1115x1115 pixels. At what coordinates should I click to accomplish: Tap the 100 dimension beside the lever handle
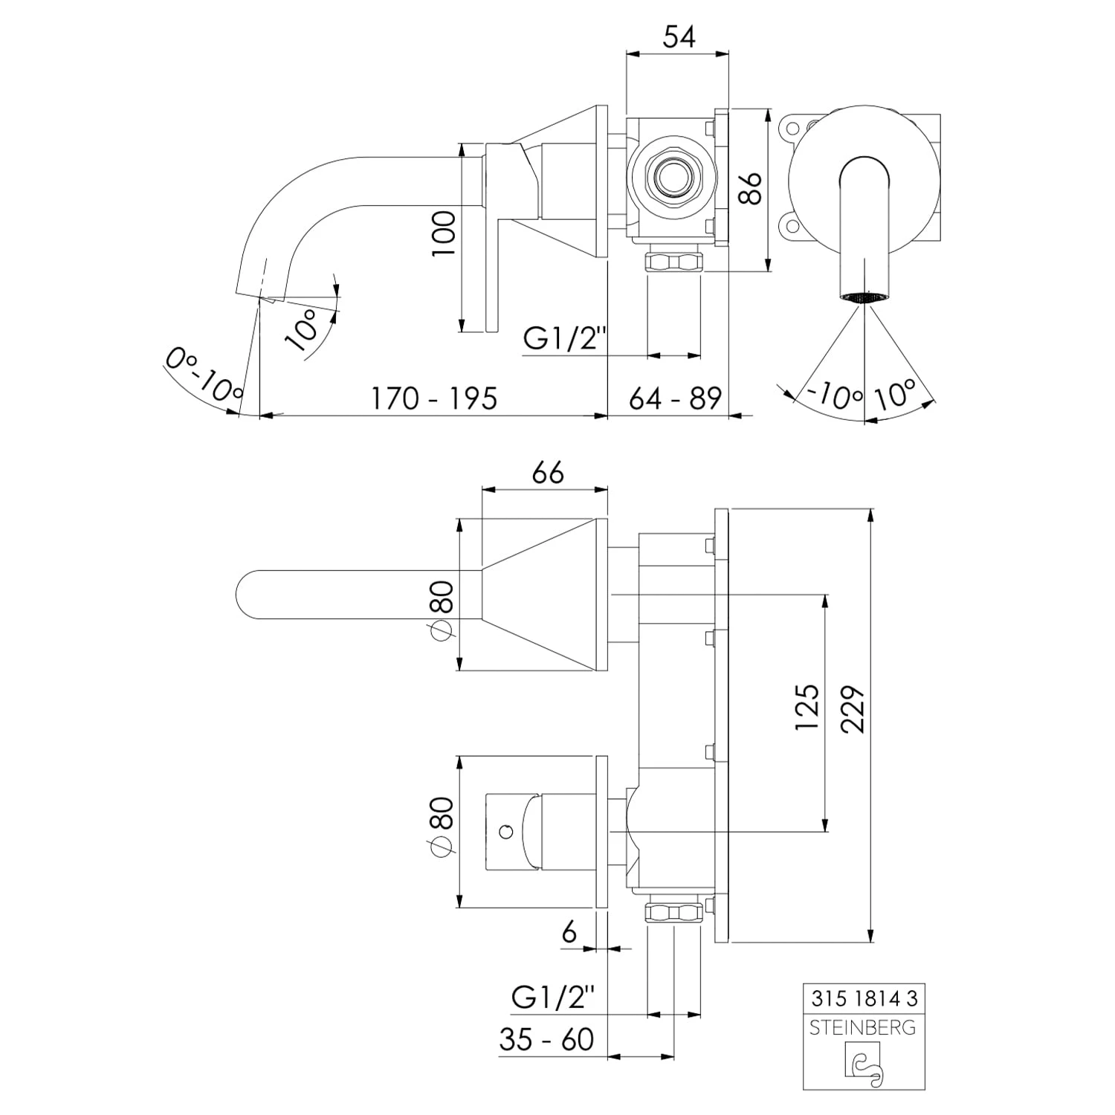coord(444,233)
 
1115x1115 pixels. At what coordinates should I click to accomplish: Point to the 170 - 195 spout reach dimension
coord(434,398)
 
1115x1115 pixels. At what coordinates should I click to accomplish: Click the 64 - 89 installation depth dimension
coord(675,398)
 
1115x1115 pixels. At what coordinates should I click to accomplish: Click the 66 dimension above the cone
coord(548,473)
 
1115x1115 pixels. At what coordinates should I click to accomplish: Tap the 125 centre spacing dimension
coord(807,707)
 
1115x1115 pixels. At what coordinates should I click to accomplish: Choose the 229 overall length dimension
coord(854,709)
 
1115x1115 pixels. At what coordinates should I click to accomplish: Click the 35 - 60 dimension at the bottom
coord(546,1039)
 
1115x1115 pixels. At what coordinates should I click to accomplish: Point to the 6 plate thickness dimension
coord(569,931)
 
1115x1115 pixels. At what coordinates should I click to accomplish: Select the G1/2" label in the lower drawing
coord(554,997)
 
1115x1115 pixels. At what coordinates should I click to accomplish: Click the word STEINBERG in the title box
coord(863,1028)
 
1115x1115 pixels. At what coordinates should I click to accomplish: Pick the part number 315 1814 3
coord(863,998)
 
